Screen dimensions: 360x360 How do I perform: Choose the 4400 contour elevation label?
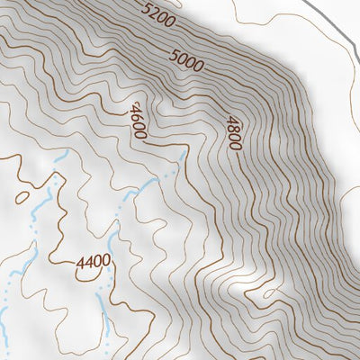tap(93, 262)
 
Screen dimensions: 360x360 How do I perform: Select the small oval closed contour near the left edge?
tap(22, 193)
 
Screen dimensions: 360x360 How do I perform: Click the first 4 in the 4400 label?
tap(80, 262)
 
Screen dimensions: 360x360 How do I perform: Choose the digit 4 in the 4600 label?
tap(136, 107)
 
